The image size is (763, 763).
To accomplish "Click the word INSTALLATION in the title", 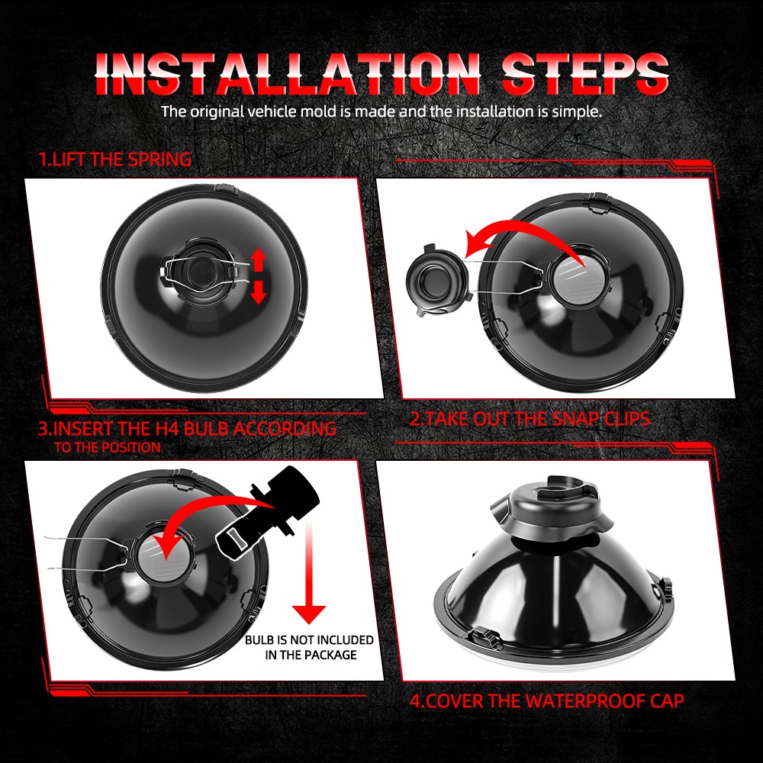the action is click(x=288, y=73).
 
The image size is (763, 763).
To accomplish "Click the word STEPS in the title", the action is click(x=585, y=73).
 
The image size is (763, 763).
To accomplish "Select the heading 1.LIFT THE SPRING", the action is click(x=115, y=159).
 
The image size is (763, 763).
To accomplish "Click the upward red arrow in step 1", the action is click(x=259, y=259).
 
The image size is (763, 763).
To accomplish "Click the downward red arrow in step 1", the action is click(x=259, y=292).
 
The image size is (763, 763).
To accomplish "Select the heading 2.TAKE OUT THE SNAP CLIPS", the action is click(x=530, y=419).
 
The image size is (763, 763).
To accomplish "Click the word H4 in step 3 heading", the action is click(x=167, y=429).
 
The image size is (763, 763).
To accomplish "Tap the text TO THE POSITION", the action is click(x=107, y=447).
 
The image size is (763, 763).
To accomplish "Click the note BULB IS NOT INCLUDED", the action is click(x=309, y=639).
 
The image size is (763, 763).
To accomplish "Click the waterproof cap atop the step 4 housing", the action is click(x=551, y=506).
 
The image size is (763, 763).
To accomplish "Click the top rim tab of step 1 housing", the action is click(x=226, y=188).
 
